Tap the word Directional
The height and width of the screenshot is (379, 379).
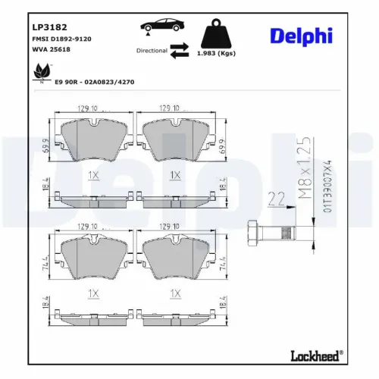151,51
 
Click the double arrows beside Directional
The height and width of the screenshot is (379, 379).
179,51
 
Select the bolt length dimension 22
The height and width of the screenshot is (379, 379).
275,199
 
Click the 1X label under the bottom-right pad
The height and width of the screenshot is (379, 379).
175,292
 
